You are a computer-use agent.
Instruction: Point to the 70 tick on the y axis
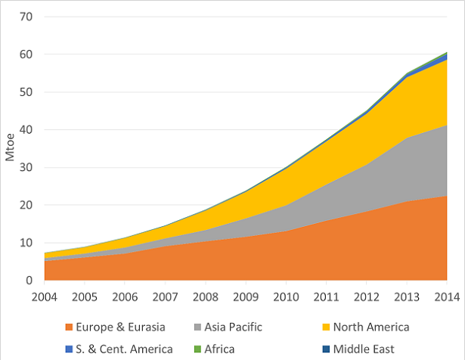point(28,17)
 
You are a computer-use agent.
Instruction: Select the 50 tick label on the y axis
point(28,92)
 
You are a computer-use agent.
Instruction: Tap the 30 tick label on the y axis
point(28,168)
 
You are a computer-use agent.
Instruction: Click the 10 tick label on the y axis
point(28,243)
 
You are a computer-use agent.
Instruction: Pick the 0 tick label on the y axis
point(31,281)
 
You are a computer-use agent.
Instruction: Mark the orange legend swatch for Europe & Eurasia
point(69,327)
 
